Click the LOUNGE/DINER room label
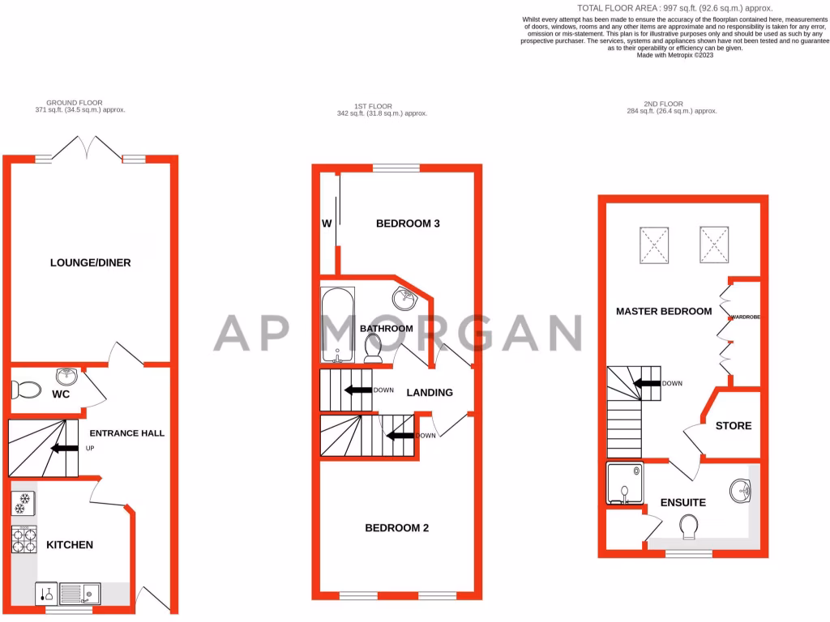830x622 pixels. pos(90,262)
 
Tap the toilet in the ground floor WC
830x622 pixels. pos(28,390)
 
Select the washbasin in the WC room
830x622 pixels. pos(67,377)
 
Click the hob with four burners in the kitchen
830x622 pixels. pos(24,539)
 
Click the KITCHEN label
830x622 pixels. pos(69,545)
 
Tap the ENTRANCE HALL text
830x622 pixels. pos(126,433)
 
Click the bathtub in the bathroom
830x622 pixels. pos(335,326)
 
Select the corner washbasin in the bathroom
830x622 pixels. pos(405,298)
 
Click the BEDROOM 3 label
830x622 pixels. pos(408,224)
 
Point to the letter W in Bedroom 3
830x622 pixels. pos(327,224)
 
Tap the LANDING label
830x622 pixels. pos(429,393)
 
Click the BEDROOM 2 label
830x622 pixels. pos(396,528)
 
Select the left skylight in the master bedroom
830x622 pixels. pos(655,245)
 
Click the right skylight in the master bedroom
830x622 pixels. pos(713,245)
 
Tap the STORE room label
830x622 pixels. pos(733,426)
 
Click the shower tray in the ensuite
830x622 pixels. pos(624,483)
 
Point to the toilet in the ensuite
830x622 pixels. pos(690,527)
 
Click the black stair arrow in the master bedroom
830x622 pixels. pos(646,384)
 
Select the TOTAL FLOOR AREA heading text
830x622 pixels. pos(645,8)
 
